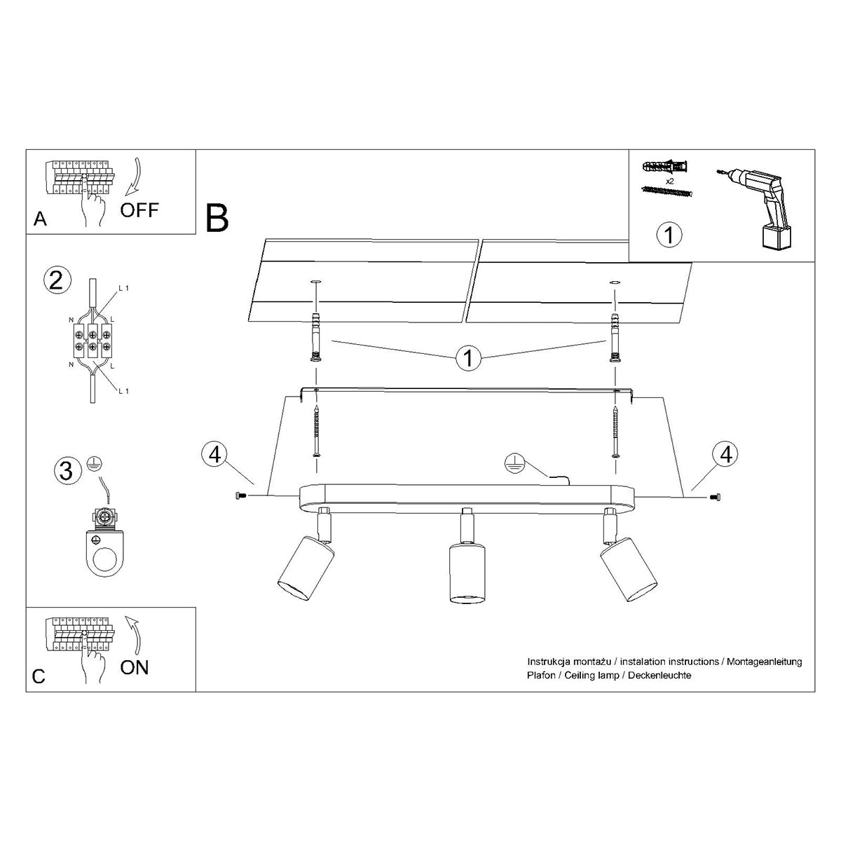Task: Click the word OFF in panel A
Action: pos(139,210)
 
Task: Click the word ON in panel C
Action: pos(134,666)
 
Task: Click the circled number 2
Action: pos(57,280)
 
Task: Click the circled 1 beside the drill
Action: pos(669,235)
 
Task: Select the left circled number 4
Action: pos(214,454)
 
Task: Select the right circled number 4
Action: pos(725,454)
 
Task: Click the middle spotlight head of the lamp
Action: pos(466,571)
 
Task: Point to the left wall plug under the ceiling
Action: pos(315,336)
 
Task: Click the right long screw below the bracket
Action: pos(615,432)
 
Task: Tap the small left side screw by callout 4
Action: pos(240,496)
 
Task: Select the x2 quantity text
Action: pos(670,180)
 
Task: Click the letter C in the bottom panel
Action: pos(39,676)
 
